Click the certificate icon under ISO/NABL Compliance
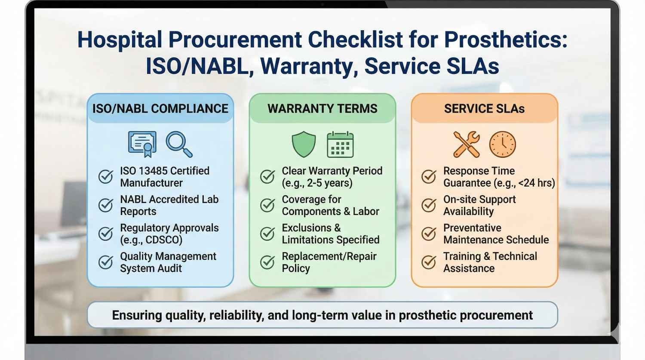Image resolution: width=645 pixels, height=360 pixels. [142, 144]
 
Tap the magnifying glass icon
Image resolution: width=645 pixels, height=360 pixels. [178, 144]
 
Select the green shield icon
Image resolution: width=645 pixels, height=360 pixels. [304, 144]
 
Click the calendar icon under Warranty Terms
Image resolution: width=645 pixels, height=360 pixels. [340, 145]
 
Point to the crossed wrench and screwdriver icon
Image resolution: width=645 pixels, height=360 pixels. [467, 144]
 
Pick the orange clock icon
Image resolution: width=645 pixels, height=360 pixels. [502, 145]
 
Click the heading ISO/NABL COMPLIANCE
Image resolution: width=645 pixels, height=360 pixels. [160, 108]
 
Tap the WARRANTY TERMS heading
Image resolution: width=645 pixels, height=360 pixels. [322, 108]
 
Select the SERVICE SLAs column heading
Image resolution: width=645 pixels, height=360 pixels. [484, 108]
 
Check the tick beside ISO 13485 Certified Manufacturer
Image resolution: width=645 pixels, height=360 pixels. [106, 176]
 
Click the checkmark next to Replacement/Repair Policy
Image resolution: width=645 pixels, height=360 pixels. [267, 262]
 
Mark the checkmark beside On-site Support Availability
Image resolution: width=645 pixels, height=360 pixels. [429, 205]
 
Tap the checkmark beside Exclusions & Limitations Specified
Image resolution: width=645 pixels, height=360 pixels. [267, 234]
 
